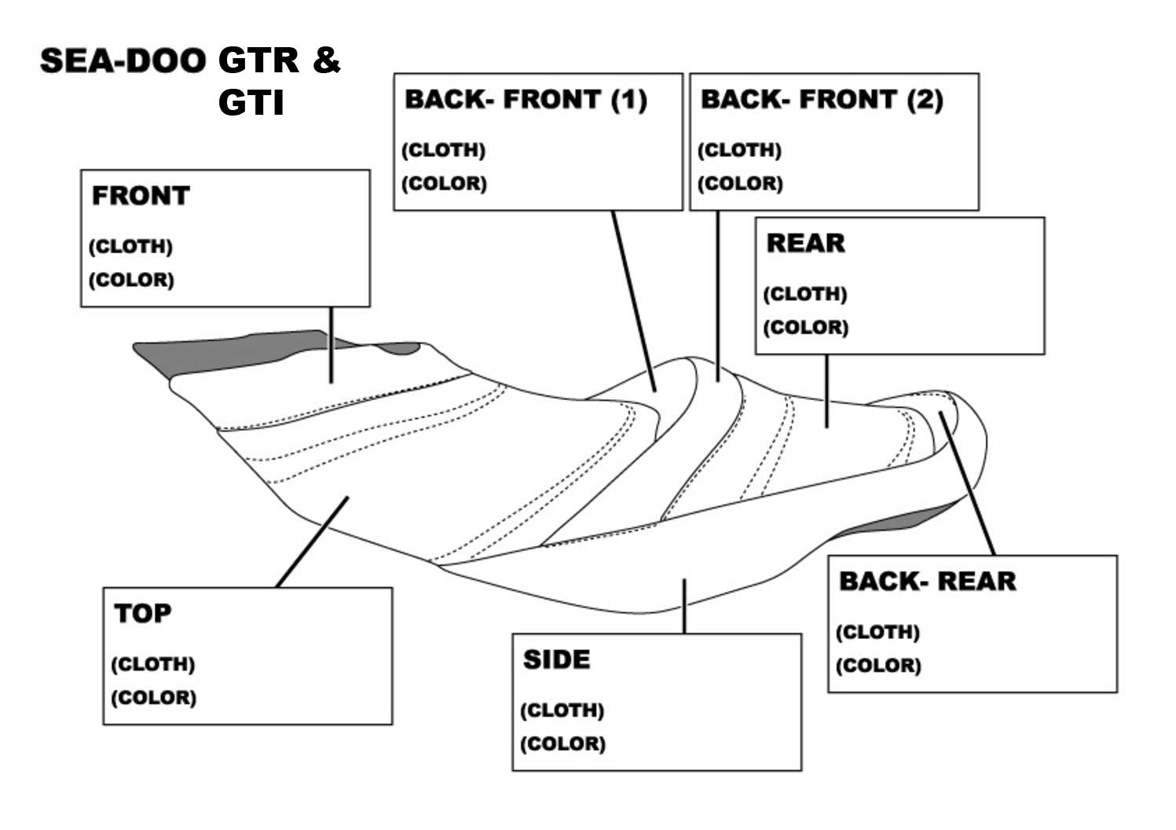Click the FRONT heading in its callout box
(x=141, y=196)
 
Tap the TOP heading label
(x=142, y=613)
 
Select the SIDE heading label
(x=556, y=659)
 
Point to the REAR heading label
(x=805, y=244)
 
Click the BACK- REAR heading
(x=927, y=582)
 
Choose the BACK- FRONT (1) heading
(x=526, y=100)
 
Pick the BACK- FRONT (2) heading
(x=822, y=100)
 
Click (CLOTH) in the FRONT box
(x=130, y=247)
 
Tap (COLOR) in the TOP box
(x=153, y=698)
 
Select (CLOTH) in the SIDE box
(x=562, y=711)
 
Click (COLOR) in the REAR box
(x=805, y=328)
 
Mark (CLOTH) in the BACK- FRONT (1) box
(x=443, y=150)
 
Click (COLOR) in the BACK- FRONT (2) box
(x=740, y=184)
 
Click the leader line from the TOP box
(x=312, y=542)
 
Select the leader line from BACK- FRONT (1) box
(x=633, y=299)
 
